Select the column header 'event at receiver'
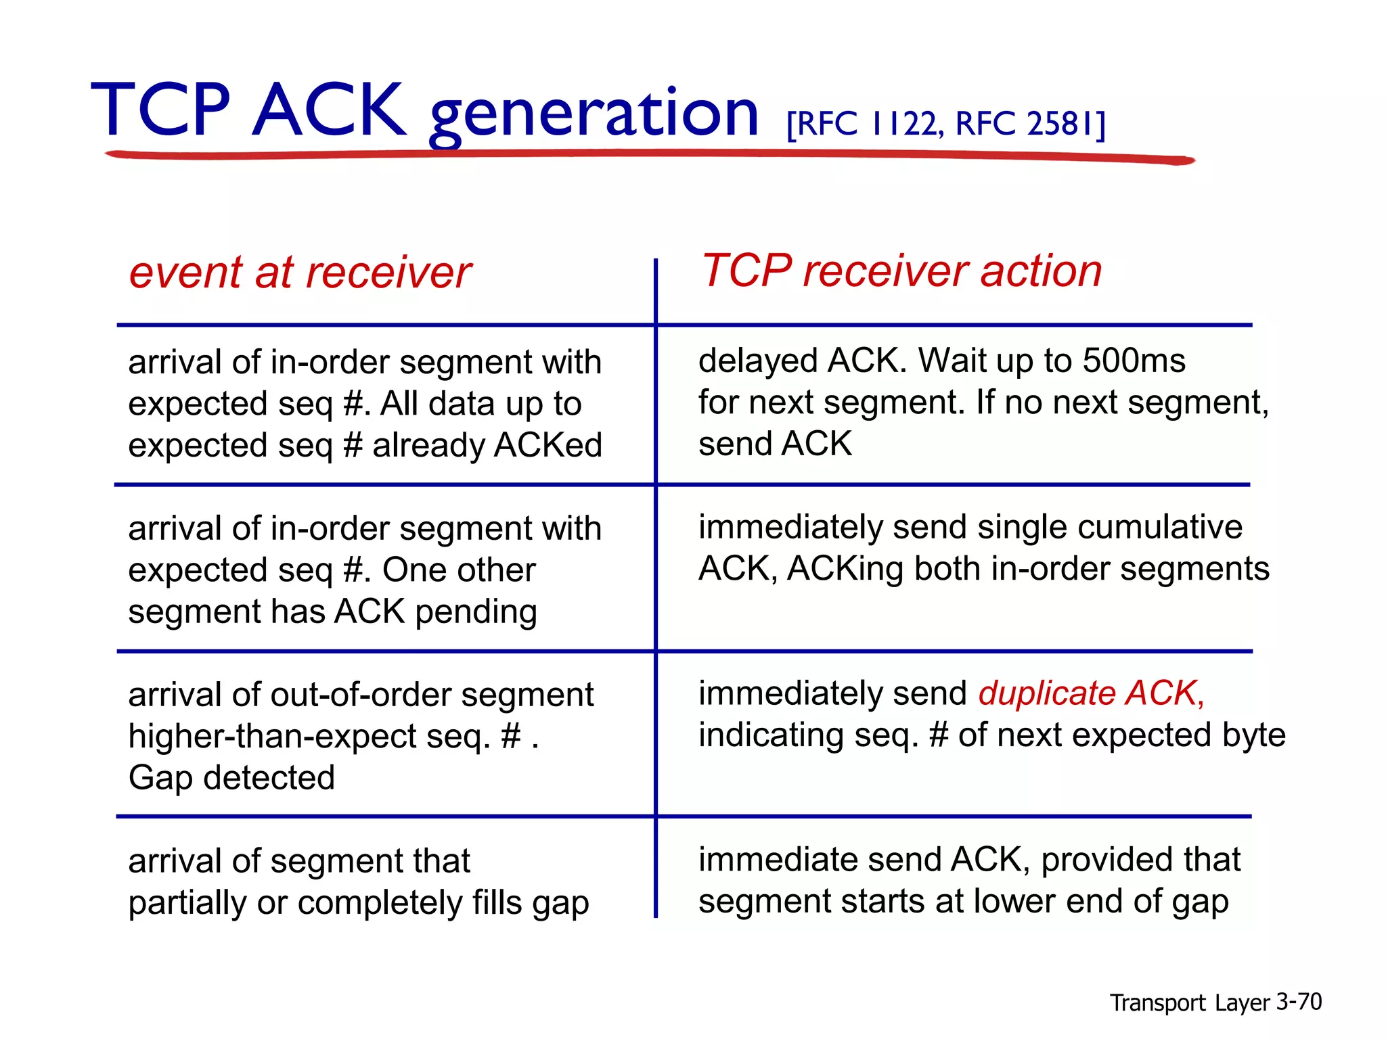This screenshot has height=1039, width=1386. coord(300,273)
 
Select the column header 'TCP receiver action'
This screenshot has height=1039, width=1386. coord(901,271)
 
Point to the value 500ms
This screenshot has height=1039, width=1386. coord(1134,361)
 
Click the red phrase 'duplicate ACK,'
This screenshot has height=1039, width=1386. coord(1091,693)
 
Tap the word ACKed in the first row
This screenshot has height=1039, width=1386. coord(548,445)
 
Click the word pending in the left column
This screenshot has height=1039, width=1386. coord(476,612)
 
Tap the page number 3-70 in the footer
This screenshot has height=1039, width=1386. coord(1298,1002)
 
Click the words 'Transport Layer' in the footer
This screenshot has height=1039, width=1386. coord(1189,1003)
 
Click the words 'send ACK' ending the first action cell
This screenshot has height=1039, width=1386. coord(775,444)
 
